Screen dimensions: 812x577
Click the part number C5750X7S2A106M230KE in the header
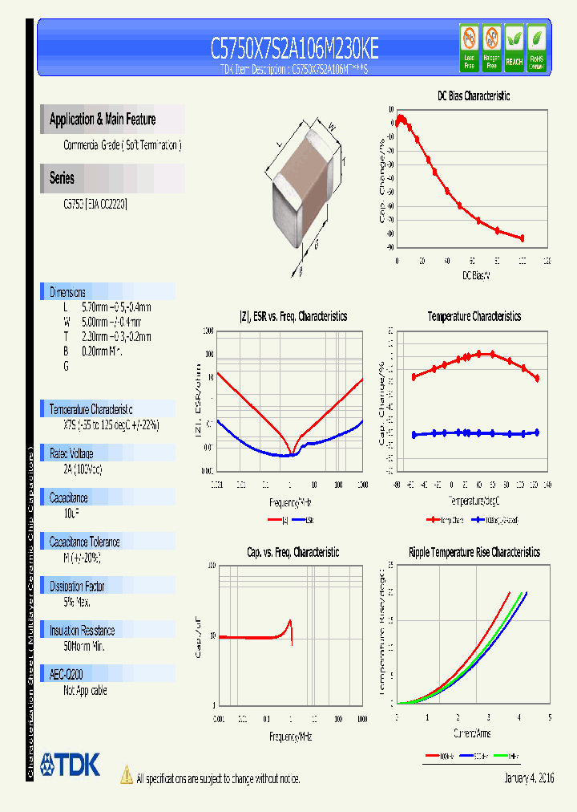click(294, 50)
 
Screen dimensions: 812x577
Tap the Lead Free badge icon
click(469, 48)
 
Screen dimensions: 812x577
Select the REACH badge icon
click(514, 48)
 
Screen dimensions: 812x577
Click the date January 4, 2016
click(529, 778)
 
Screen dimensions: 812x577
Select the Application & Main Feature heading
click(103, 120)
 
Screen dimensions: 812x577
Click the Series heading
click(62, 178)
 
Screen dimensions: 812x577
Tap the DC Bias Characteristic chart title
click(473, 95)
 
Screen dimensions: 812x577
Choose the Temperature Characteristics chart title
click(474, 316)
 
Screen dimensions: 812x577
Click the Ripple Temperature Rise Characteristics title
click(474, 552)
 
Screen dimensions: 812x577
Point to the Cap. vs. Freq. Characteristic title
click(293, 552)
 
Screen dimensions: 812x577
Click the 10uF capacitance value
click(70, 512)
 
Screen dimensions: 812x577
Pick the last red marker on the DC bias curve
click(523, 238)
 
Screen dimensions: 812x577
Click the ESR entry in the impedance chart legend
click(309, 520)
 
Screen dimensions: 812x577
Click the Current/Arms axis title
click(473, 733)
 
